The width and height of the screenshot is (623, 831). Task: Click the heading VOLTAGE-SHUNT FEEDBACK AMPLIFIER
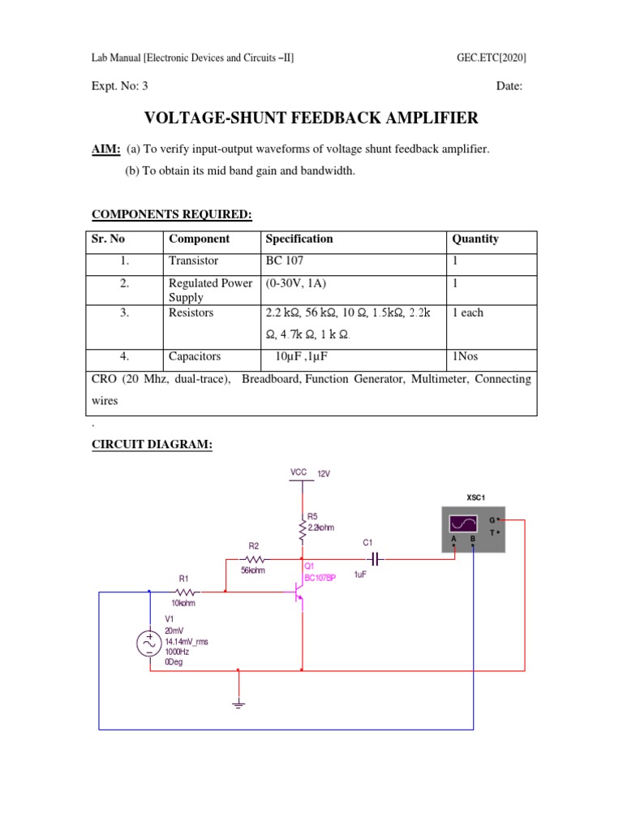click(x=311, y=118)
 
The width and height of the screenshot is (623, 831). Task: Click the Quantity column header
click(x=475, y=239)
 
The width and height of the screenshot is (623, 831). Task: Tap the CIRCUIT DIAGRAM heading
click(x=152, y=446)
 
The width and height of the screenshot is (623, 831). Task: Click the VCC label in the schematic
click(x=298, y=472)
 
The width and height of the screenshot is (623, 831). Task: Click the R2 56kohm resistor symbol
click(x=255, y=560)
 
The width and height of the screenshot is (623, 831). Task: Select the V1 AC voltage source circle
click(x=149, y=644)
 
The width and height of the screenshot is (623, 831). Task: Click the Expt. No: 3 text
click(x=119, y=87)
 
